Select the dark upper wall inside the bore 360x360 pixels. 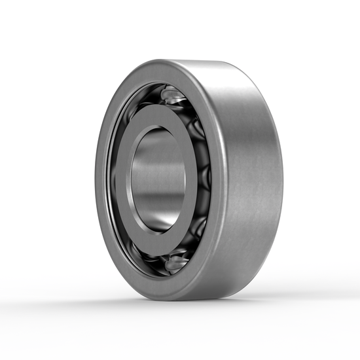pos(157,141)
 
